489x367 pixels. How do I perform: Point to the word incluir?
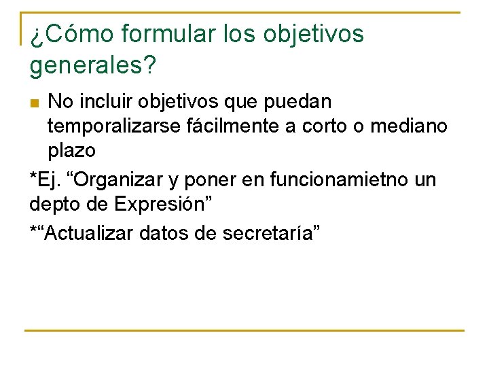coord(106,103)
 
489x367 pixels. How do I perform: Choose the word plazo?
coord(71,150)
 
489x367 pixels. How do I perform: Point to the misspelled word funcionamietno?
coord(342,180)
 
